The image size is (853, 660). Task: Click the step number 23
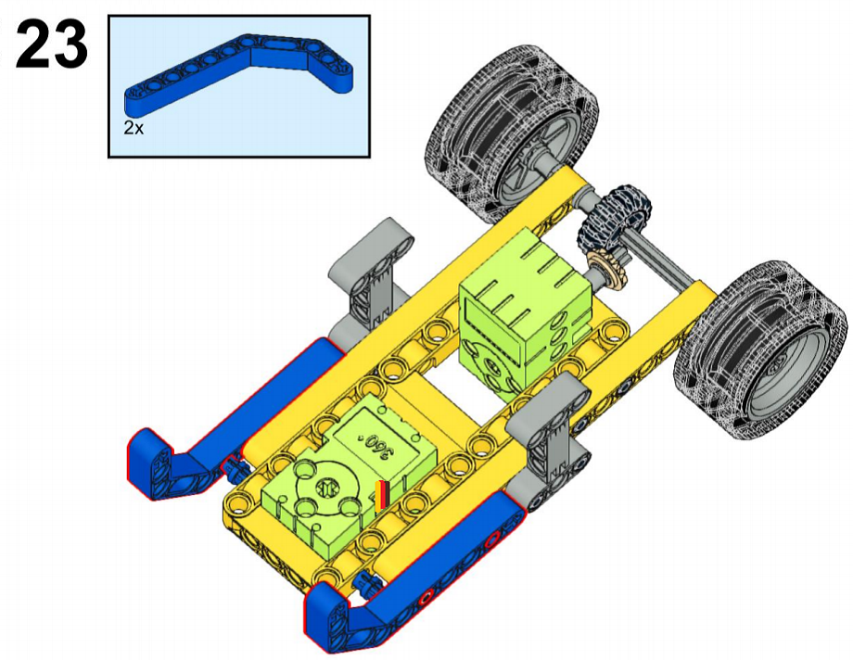(x=52, y=44)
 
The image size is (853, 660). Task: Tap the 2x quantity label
(x=134, y=129)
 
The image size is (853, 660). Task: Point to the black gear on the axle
(x=613, y=217)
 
